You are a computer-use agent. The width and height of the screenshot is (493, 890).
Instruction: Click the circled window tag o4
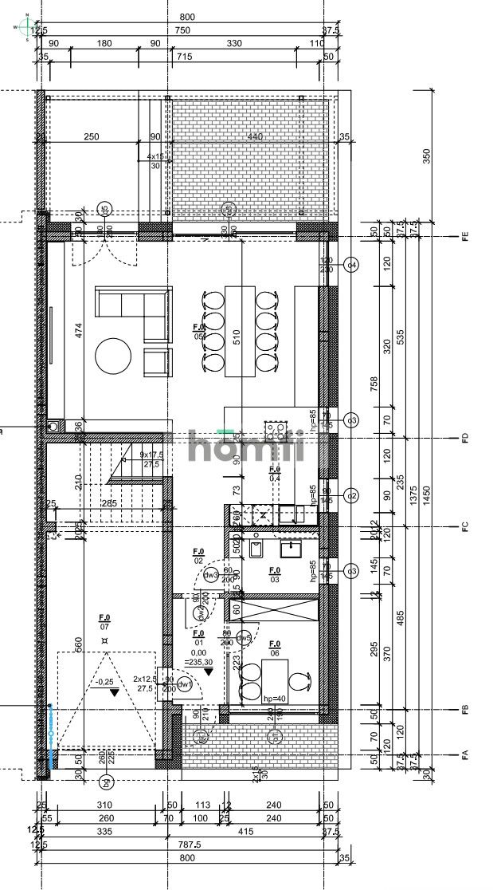click(350, 265)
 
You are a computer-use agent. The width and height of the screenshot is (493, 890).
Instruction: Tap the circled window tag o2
click(350, 496)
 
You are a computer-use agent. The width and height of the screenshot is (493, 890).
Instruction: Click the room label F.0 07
click(104, 622)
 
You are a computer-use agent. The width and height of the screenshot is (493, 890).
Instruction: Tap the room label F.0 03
click(275, 574)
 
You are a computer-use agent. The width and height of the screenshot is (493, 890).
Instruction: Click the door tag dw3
click(211, 575)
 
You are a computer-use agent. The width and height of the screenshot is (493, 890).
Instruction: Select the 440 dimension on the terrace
click(254, 137)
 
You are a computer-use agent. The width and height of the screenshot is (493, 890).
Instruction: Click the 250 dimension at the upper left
click(92, 137)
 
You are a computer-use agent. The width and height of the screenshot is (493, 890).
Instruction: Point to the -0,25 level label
click(104, 682)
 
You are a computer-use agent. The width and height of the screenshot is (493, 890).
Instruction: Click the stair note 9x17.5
click(149, 455)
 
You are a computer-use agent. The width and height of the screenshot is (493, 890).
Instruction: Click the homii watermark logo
click(246, 446)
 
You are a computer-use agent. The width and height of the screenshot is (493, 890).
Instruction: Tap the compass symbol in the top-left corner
click(26, 27)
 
